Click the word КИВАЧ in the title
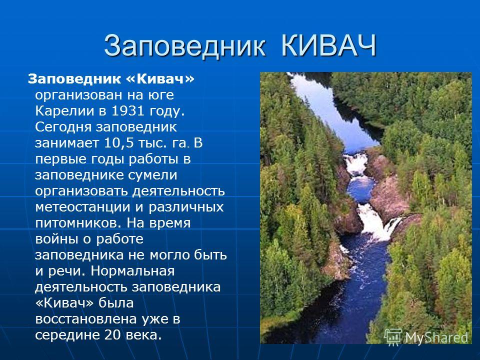pos(328,46)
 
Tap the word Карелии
pos(65,111)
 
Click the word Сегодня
pos(63,127)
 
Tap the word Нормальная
pos(132,271)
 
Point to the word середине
pos(67,335)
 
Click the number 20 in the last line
pos(112,335)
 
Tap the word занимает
pos(67,143)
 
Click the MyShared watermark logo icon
pos(393,337)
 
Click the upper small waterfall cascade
pos(355,164)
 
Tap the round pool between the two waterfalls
pos(360,189)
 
